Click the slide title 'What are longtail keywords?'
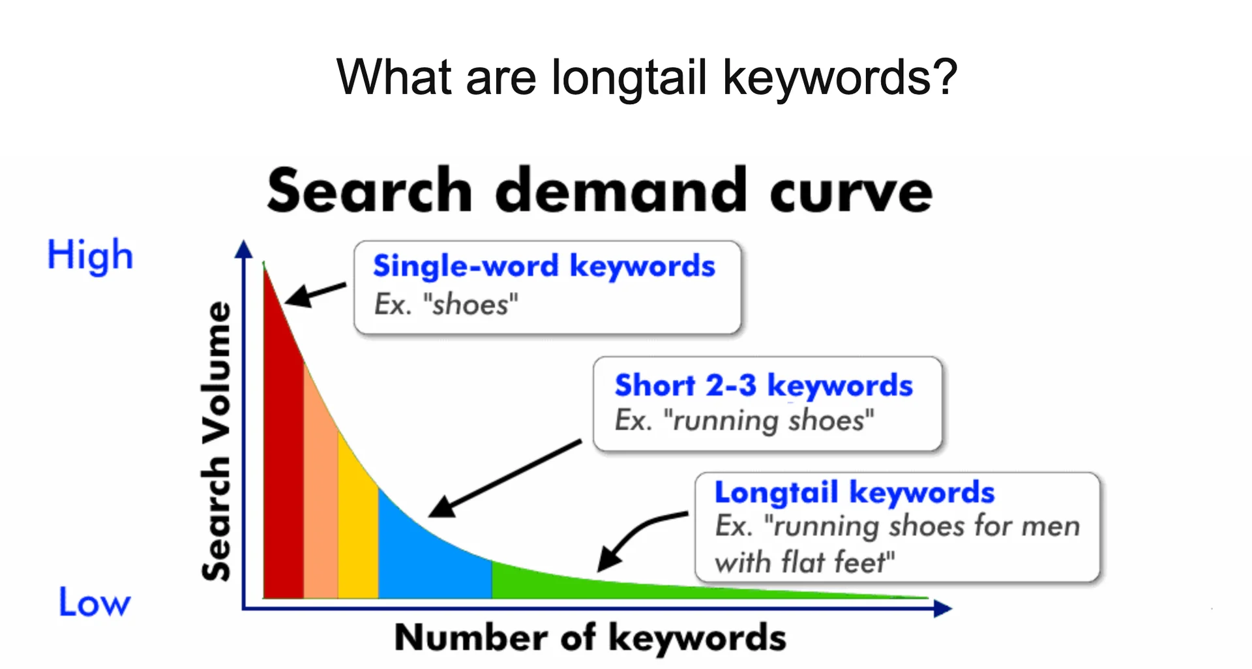click(646, 78)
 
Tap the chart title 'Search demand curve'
click(599, 190)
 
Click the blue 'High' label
click(90, 255)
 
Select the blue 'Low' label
click(95, 602)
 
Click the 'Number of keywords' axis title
click(590, 637)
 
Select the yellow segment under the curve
click(357, 541)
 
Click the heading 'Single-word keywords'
click(544, 266)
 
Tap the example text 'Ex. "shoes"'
click(446, 305)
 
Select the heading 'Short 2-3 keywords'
click(764, 385)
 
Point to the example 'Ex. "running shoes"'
click(744, 421)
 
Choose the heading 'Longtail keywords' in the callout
click(854, 492)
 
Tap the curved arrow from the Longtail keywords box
click(636, 535)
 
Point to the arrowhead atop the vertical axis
click(244, 249)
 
